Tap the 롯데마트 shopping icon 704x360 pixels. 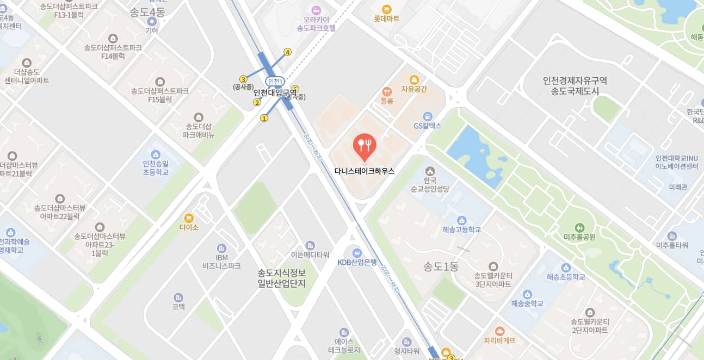[386, 9]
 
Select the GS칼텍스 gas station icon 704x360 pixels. [427, 116]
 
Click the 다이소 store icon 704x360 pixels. [189, 218]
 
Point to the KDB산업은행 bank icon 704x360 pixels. [357, 253]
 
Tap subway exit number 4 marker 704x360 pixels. [288, 52]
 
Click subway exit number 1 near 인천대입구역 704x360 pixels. [264, 118]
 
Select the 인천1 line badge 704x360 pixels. [275, 82]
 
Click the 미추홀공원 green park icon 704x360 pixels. [580, 227]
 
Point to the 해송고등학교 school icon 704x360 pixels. [462, 220]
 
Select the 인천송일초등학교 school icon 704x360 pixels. [156, 154]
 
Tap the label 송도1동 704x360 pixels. [441, 267]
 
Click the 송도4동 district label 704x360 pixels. [147, 12]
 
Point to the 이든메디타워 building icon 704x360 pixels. [310, 245]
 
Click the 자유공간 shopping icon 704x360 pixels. [414, 79]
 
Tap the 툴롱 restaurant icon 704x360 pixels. [387, 91]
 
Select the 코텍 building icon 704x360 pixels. [178, 297]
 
